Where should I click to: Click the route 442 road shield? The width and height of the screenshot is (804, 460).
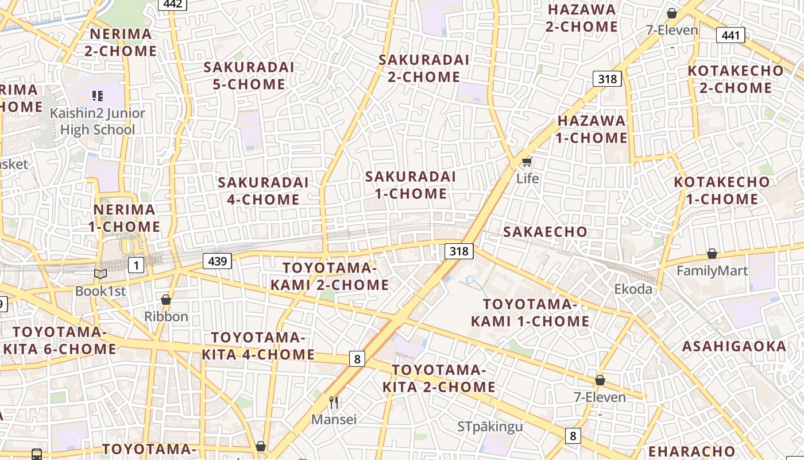pos(172,4)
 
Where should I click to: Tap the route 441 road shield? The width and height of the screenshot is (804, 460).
pos(730,35)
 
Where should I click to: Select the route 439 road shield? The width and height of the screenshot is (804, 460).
pos(217,261)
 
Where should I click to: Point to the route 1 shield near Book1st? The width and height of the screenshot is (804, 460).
pos(136,265)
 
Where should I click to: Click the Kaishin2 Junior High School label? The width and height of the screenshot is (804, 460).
pos(97,121)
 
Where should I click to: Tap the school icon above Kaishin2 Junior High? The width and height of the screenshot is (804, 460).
pos(97,96)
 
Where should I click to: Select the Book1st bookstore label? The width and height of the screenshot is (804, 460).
pos(100,291)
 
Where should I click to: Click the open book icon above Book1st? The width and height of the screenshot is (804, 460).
pos(100,274)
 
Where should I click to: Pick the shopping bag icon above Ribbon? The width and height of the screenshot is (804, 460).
pos(166,300)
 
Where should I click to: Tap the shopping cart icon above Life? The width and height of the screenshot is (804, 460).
pos(527,162)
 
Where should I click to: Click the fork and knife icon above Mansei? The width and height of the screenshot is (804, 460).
pos(334,402)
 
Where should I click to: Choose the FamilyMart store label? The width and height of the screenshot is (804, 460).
pos(712,271)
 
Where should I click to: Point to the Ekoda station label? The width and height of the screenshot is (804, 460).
pos(633,289)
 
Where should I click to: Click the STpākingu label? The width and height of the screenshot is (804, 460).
pos(490,427)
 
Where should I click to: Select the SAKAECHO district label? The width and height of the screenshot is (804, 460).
pos(545,232)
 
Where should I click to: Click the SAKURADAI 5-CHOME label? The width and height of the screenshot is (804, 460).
pos(249,76)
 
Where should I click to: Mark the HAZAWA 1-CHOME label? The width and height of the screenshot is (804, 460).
pos(592,129)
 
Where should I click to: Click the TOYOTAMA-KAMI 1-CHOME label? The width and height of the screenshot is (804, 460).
pos(529,313)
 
